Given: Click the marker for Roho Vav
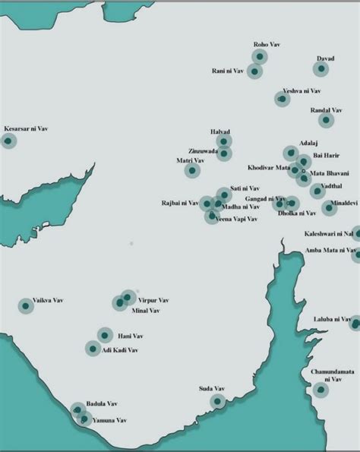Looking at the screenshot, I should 260,56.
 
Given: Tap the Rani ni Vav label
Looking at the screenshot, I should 228,71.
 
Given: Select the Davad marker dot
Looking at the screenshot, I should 322,68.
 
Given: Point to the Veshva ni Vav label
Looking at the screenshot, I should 302,90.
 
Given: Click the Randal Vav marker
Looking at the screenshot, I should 326,119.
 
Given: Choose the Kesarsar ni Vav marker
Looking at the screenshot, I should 8,140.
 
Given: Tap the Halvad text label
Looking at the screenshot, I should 220,131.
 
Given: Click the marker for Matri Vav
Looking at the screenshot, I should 192,171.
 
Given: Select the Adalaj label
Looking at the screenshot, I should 308,143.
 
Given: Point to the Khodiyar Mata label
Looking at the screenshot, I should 269,167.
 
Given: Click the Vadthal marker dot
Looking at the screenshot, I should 317,191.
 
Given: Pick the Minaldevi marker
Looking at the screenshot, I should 329,207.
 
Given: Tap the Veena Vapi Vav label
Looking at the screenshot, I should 237,220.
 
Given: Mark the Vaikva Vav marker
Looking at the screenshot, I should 25,305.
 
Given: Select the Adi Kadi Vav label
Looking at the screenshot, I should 120,350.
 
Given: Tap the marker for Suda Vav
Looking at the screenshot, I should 218,400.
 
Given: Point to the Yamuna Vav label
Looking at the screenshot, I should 109,420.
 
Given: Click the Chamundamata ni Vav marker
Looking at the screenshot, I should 321,390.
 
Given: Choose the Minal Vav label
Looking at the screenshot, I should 146,311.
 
